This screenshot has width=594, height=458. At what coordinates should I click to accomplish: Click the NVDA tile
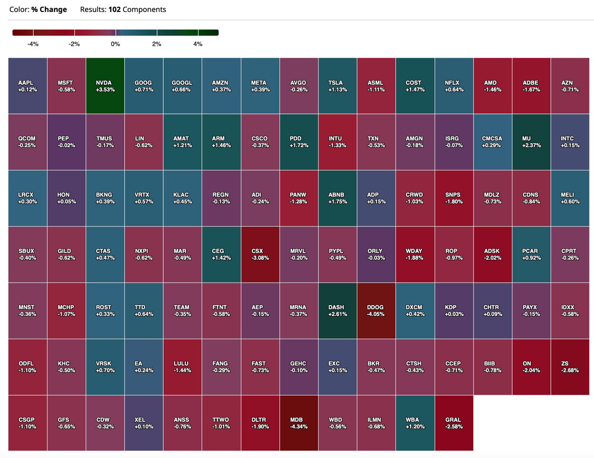tap(105, 86)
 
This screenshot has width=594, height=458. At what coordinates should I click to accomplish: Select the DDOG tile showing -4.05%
tap(376, 311)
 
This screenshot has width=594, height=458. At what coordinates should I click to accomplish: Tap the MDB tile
tap(299, 423)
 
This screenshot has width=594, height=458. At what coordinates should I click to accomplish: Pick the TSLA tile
tap(337, 86)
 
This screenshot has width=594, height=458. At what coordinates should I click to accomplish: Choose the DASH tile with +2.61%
tap(337, 311)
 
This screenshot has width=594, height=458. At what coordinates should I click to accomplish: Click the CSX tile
tap(260, 254)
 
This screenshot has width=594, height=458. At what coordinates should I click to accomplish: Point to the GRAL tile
tap(454, 423)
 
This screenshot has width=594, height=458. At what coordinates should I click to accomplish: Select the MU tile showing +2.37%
tap(531, 142)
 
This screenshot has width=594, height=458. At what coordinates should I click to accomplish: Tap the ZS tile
tap(570, 367)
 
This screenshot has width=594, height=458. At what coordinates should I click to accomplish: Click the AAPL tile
tap(28, 86)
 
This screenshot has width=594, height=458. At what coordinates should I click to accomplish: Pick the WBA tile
tap(415, 423)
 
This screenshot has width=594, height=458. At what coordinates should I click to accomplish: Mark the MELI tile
tap(570, 198)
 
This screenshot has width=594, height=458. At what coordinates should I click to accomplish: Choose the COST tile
tap(415, 86)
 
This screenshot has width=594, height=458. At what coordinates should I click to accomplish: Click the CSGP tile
tap(28, 423)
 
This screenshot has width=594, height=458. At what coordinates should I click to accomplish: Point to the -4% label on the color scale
tap(33, 44)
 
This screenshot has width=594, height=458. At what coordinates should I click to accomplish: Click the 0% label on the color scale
tap(115, 44)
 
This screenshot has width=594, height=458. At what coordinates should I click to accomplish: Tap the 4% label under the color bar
tap(198, 44)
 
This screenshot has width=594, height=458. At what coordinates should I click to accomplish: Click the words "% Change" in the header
tap(49, 10)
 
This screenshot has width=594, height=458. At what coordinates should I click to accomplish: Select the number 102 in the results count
tap(114, 10)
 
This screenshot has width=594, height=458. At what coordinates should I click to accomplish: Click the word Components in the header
tap(144, 10)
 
